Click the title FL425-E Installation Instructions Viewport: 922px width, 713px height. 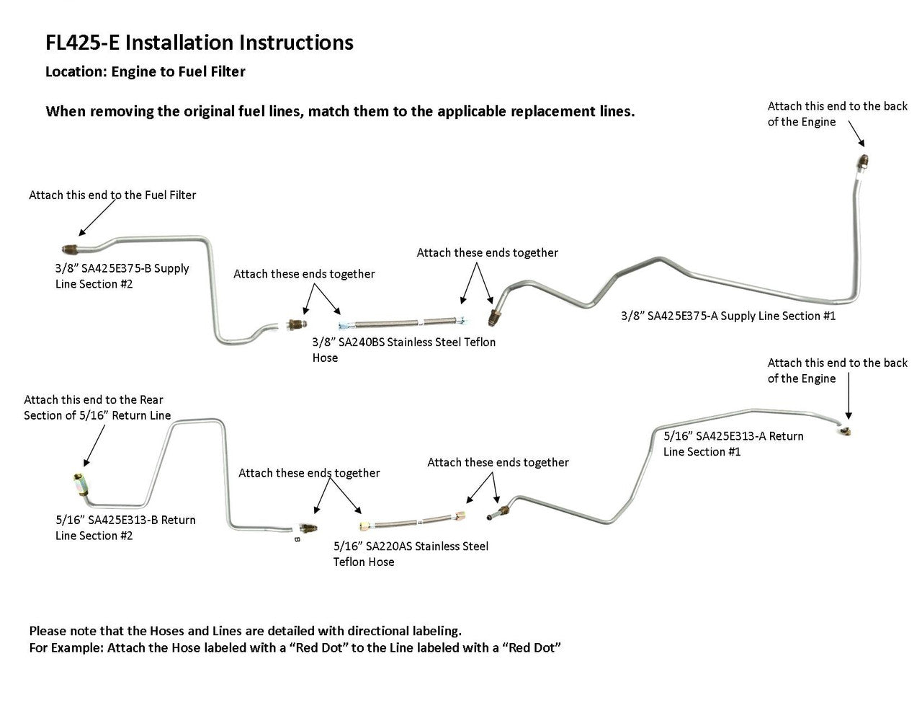click(x=200, y=43)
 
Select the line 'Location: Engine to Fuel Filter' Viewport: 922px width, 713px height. click(x=145, y=72)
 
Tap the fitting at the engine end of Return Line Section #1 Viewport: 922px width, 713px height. click(x=846, y=430)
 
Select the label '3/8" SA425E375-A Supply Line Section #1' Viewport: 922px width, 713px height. click(x=728, y=316)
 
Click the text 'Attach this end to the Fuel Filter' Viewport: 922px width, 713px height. click(x=112, y=195)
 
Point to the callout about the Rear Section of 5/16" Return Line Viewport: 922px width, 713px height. click(x=97, y=407)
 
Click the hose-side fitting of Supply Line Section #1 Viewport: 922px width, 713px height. click(x=493, y=315)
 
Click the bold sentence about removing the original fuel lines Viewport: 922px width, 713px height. click(x=340, y=112)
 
